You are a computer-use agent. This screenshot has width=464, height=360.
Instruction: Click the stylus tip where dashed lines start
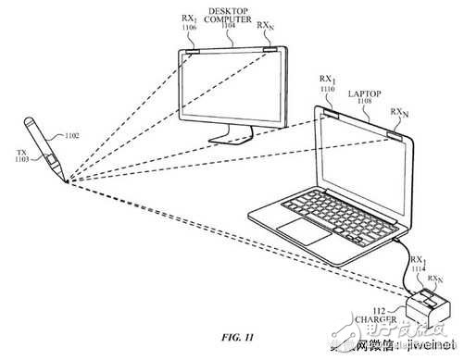click(x=67, y=182)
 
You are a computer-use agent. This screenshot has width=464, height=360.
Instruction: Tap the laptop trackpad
click(x=302, y=228)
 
